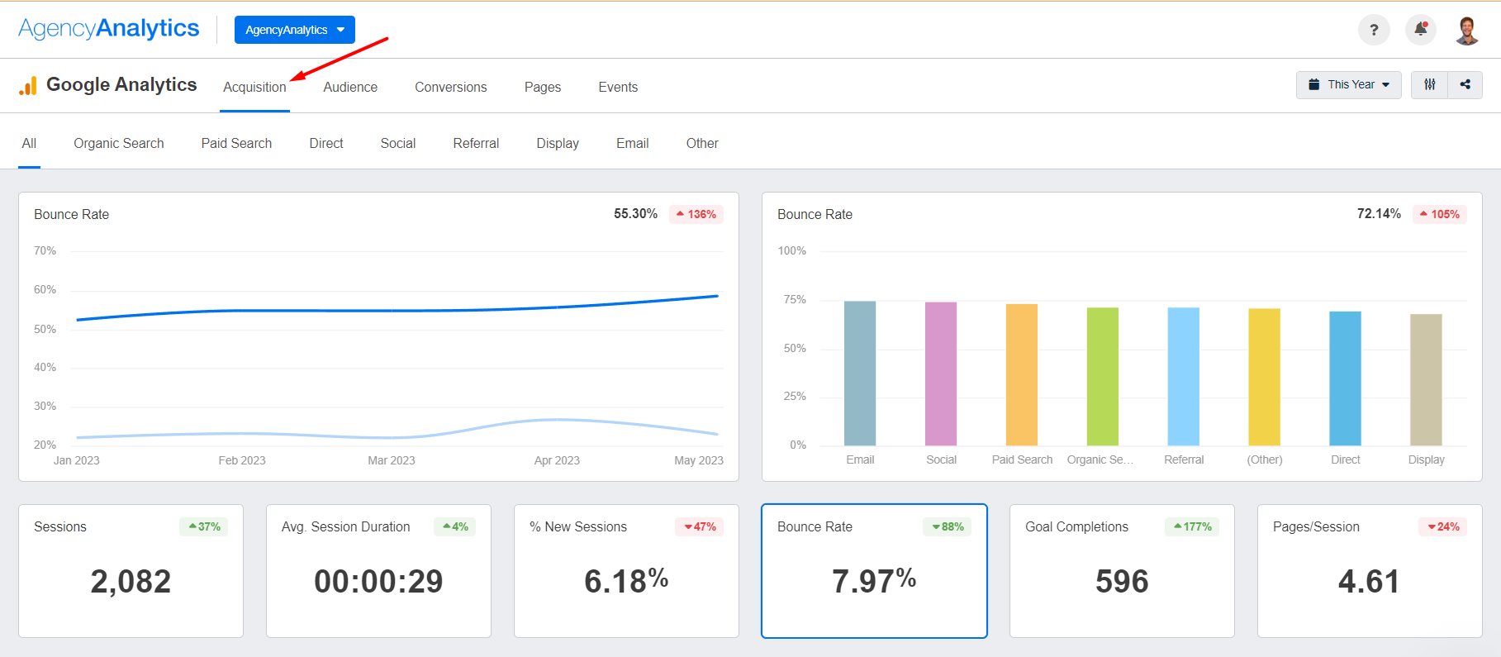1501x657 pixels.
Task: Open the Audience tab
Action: tap(350, 87)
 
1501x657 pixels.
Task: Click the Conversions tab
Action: tap(450, 87)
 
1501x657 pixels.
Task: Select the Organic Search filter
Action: tap(119, 143)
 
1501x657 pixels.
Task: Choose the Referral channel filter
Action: tap(476, 143)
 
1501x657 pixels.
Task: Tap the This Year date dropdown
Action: tap(1348, 84)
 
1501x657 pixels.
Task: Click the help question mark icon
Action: tap(1374, 30)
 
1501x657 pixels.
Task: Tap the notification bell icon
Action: tap(1421, 30)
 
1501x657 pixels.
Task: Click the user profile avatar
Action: tap(1467, 30)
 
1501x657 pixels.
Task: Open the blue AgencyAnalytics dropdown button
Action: tap(295, 30)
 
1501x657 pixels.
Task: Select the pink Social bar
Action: tap(941, 374)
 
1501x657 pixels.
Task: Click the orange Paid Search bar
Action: tap(1022, 374)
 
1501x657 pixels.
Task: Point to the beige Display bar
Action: tap(1426, 379)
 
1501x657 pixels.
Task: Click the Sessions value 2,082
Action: tap(131, 581)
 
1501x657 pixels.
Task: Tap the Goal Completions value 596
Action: tap(1122, 581)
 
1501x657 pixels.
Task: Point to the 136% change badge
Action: tap(696, 214)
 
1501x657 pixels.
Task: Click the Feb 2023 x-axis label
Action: tap(242, 460)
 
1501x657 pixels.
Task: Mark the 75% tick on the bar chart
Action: tap(795, 299)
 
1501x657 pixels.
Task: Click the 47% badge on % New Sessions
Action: tap(700, 526)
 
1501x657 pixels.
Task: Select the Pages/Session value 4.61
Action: tap(1369, 581)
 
